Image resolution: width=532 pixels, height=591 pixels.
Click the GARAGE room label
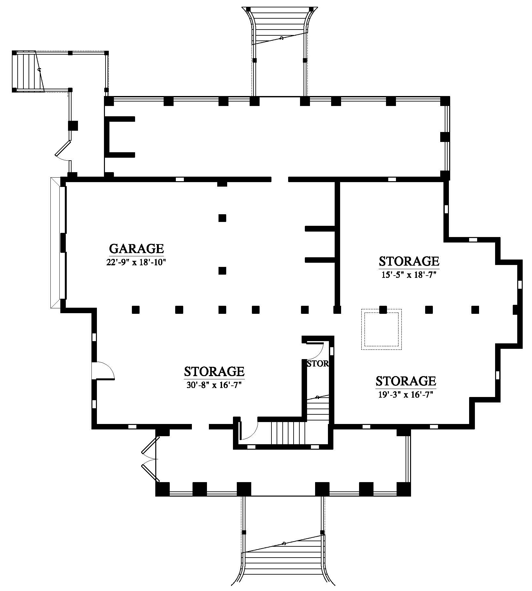(136, 249)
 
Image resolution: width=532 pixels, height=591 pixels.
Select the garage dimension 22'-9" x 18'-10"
(136, 262)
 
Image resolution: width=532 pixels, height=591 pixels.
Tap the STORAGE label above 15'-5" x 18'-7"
(409, 261)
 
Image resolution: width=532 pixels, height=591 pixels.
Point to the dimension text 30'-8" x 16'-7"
(214, 384)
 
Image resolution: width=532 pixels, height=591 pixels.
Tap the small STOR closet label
(318, 363)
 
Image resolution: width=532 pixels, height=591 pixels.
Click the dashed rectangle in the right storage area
(382, 329)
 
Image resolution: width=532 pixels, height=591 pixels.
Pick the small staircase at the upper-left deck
(28, 71)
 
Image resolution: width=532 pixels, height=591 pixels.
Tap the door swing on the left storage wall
(103, 370)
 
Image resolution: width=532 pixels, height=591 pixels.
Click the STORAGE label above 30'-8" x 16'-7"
(214, 371)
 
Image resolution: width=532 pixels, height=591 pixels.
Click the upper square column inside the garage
(222, 218)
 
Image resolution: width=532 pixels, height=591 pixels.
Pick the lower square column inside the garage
(222, 270)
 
